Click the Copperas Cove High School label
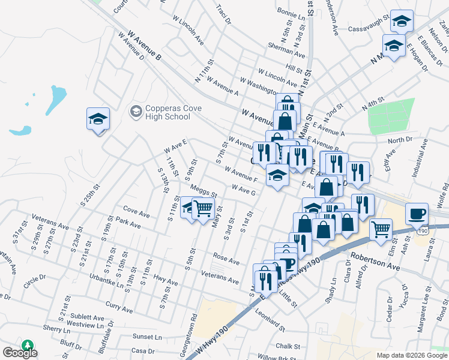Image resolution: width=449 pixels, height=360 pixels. click(166, 112)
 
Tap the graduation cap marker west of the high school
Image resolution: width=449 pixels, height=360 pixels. click(98, 119)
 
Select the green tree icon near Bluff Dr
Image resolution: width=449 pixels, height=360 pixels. click(27, 345)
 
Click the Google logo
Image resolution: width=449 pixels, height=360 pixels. click(20, 353)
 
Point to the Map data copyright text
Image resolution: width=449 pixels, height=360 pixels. click(412, 355)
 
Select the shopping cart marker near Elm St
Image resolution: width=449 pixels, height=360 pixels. click(381, 229)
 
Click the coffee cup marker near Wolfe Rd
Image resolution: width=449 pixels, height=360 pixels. click(416, 213)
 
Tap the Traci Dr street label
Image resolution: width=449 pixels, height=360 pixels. click(223, 16)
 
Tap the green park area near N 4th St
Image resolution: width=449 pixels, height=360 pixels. click(391, 116)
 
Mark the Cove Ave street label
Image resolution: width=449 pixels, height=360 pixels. click(136, 212)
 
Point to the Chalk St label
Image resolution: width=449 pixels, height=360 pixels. click(288, 346)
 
